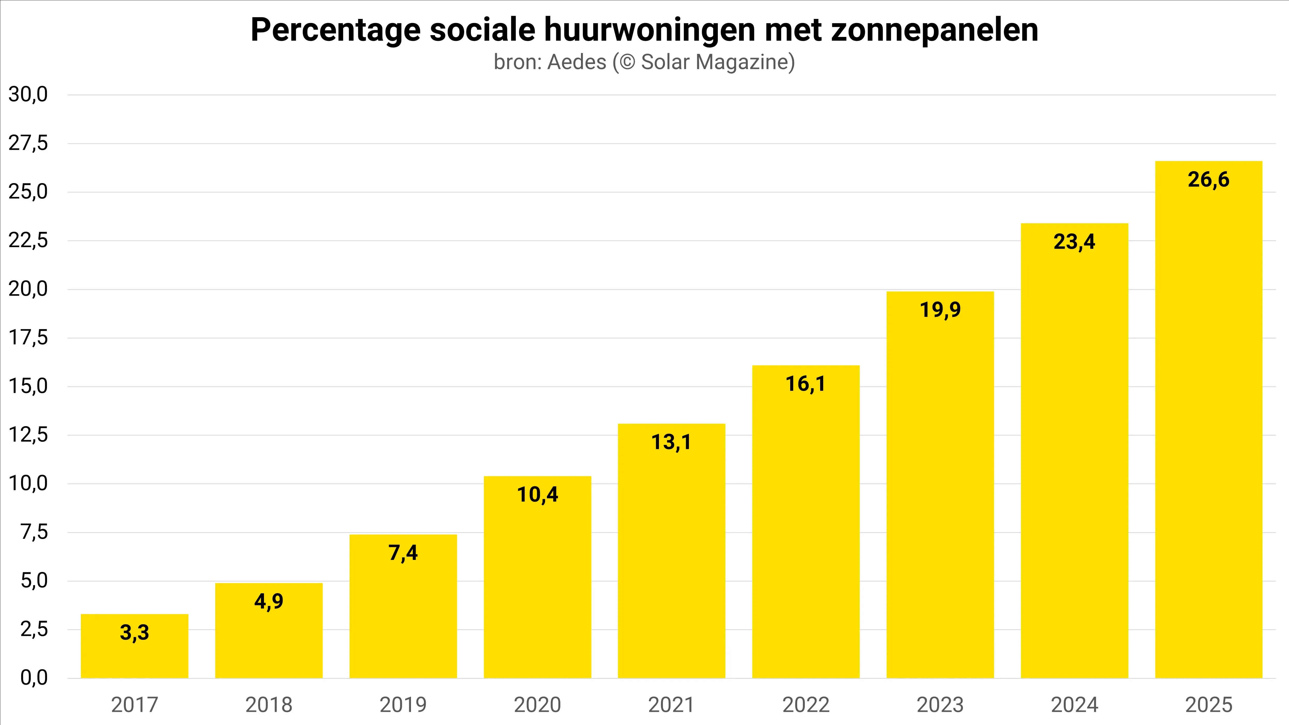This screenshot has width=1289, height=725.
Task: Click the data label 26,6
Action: click(1208, 180)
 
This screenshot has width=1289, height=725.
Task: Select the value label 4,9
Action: click(269, 601)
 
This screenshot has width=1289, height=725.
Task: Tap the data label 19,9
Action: click(940, 310)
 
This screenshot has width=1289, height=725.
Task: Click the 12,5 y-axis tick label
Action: click(28, 435)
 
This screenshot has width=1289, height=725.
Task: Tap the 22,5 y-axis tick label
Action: click(28, 241)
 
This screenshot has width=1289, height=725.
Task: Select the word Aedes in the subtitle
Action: click(577, 62)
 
